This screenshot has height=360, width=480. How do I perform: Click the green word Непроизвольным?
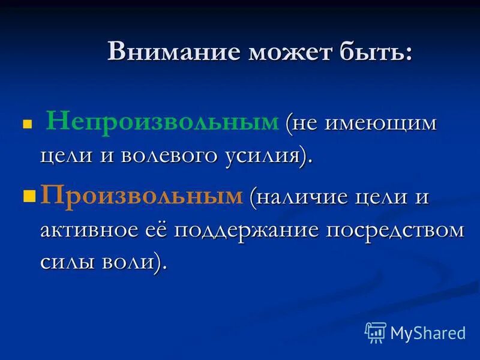163,123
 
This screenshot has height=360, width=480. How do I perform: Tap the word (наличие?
295,197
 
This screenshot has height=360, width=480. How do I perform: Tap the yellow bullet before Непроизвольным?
26,126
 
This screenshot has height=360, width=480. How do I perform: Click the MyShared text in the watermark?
428,332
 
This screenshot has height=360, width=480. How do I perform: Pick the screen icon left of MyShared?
376,332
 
